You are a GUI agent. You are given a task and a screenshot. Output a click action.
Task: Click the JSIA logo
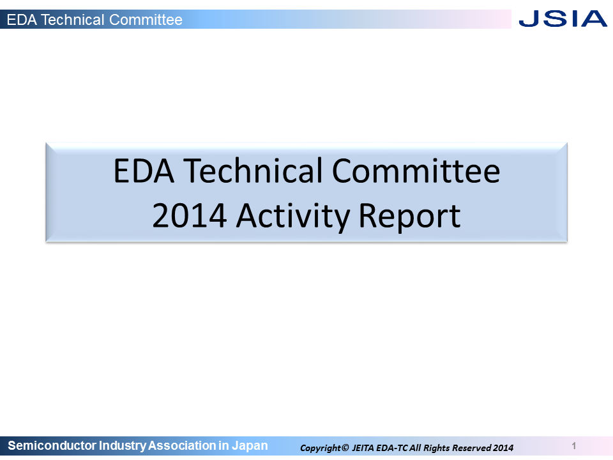pyautogui.click(x=563, y=19)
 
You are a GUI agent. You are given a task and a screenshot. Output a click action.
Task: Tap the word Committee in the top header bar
pyautogui.click(x=146, y=20)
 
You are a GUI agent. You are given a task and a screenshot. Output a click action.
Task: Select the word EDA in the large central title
pyautogui.click(x=144, y=171)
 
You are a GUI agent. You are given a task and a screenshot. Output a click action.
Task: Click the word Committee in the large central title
pyautogui.click(x=416, y=171)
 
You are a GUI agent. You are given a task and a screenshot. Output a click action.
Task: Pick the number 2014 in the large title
pyautogui.click(x=189, y=215)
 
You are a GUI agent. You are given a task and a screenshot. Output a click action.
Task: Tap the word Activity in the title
pyautogui.click(x=293, y=217)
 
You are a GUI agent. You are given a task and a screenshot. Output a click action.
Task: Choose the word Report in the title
pyautogui.click(x=409, y=217)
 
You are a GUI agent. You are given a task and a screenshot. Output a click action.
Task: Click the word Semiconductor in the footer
pyautogui.click(x=52, y=445)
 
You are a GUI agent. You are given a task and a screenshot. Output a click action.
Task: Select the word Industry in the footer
pyautogui.click(x=123, y=446)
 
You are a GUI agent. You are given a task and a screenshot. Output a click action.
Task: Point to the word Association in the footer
pyautogui.click(x=182, y=445)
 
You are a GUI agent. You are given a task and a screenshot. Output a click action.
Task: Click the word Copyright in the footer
pyautogui.click(x=321, y=448)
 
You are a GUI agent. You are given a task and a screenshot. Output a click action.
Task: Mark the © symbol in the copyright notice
pyautogui.click(x=345, y=447)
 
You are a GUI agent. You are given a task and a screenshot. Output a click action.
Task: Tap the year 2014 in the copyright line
pyautogui.click(x=503, y=448)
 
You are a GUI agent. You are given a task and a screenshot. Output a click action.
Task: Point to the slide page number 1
pyautogui.click(x=574, y=445)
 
